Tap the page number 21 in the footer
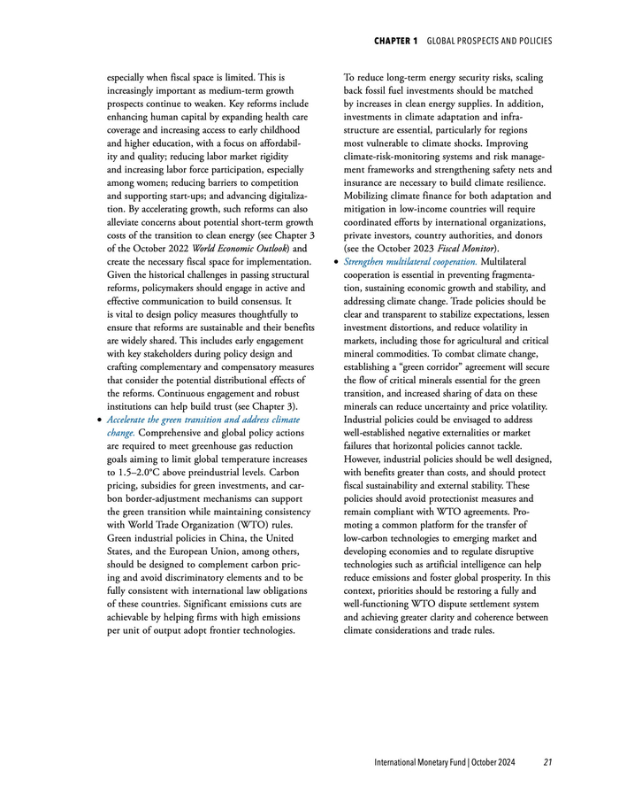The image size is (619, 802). click(x=548, y=762)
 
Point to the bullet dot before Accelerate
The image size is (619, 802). click(x=97, y=420)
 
